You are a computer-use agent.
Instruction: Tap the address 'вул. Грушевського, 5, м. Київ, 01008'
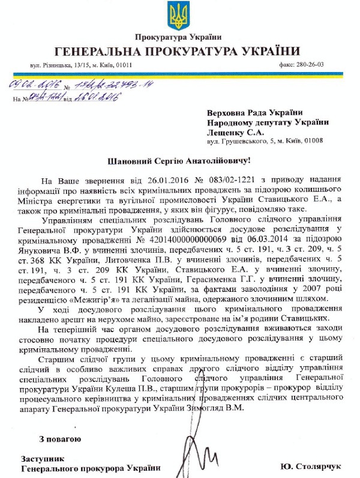(265, 144)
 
